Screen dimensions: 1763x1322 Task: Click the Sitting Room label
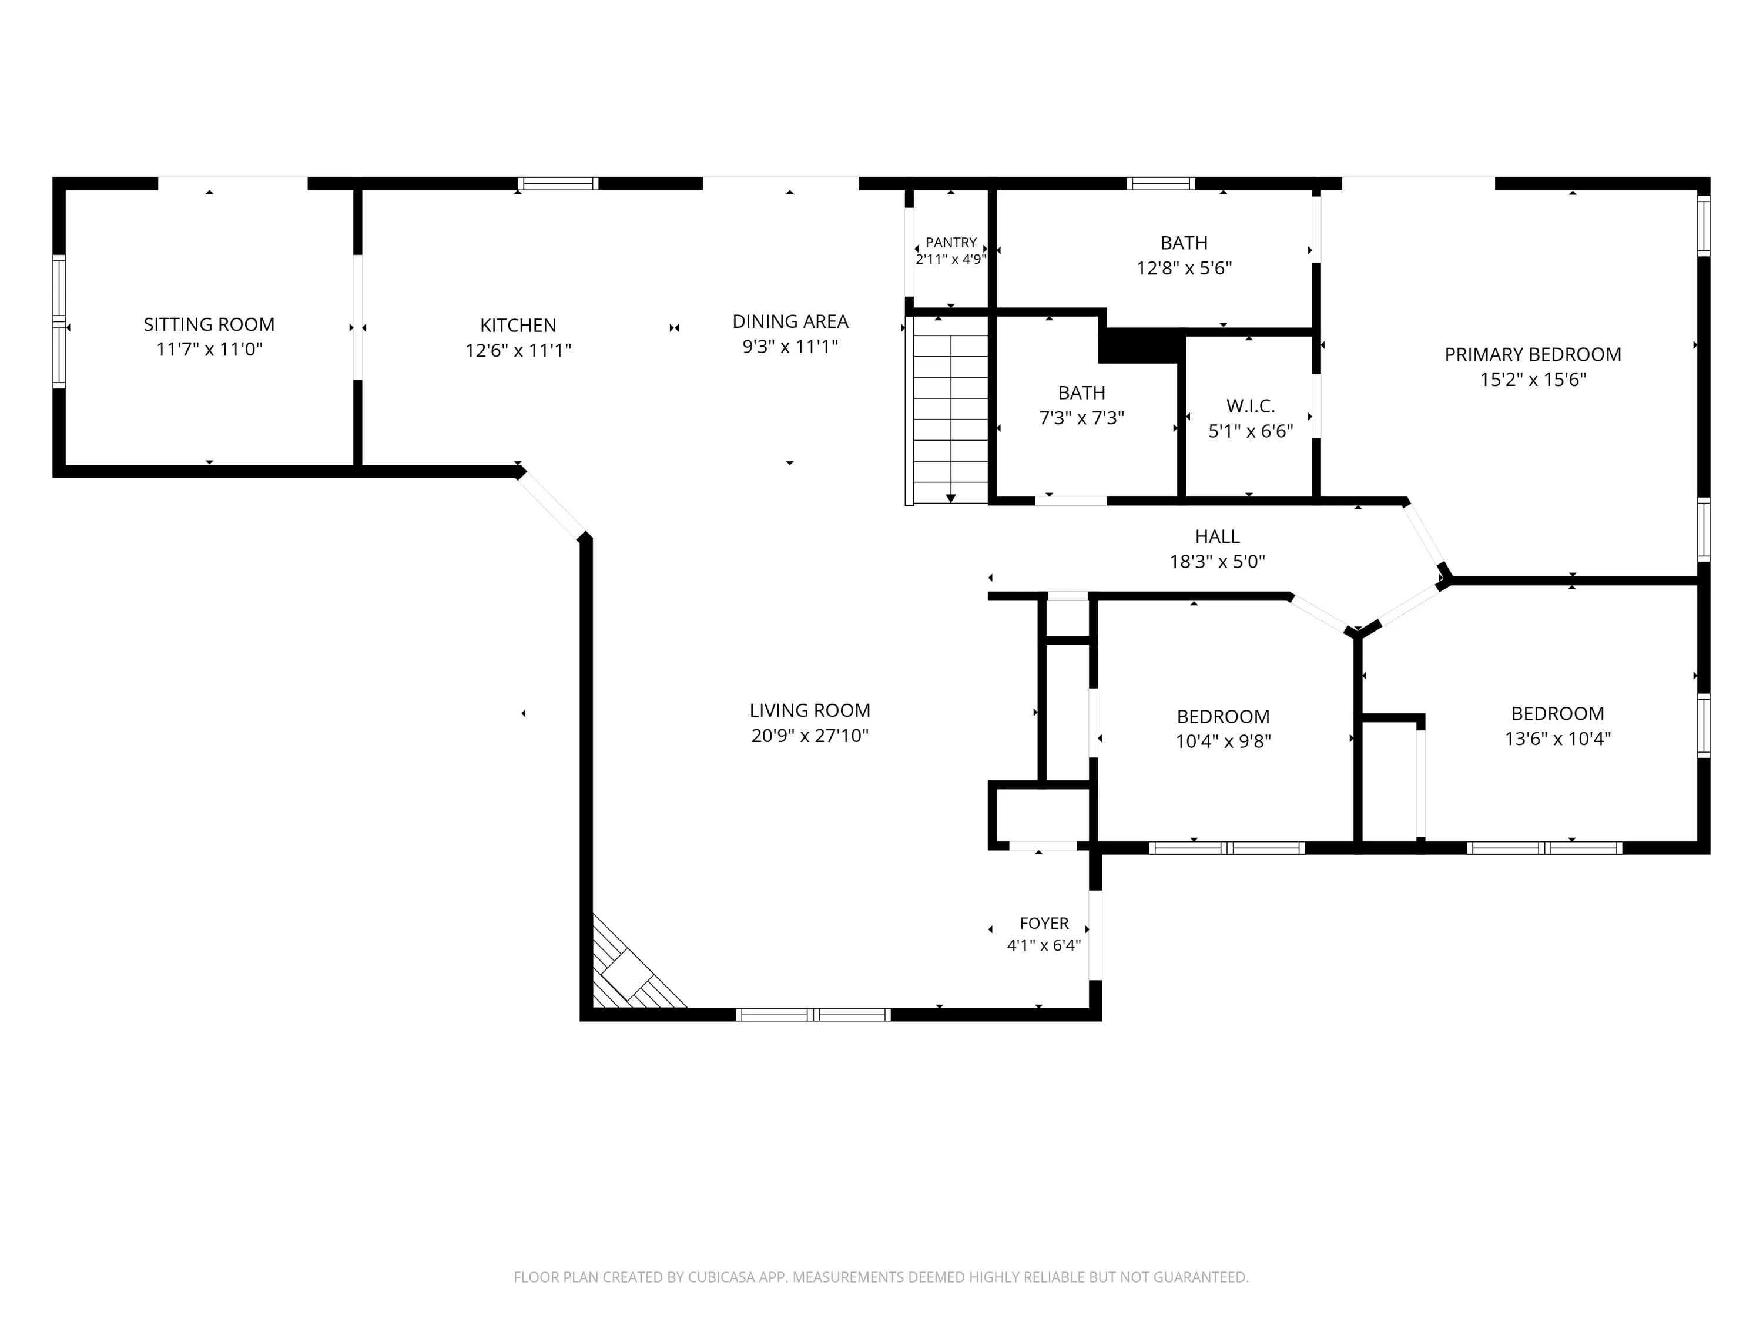coord(209,324)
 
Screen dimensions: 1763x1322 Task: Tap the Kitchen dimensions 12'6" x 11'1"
coord(518,351)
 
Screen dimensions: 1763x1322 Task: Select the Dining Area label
coord(790,321)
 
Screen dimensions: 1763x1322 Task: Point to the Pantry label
coord(951,242)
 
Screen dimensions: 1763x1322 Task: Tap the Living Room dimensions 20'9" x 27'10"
coord(810,736)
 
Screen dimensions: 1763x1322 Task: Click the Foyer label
coord(1044,924)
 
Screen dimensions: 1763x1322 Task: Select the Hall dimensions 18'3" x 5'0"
coord(1217,562)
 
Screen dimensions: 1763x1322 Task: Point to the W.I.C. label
coord(1251,405)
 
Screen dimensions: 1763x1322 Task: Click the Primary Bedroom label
coord(1533,355)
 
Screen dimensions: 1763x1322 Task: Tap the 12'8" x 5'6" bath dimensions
coord(1184,269)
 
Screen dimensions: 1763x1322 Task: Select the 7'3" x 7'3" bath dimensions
coord(1081,418)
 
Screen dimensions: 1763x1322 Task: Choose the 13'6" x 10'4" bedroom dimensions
coord(1557,739)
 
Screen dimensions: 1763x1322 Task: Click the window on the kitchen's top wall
coord(558,184)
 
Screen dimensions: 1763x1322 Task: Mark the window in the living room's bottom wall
coord(812,1014)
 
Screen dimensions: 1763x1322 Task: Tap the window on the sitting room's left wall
coord(59,322)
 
